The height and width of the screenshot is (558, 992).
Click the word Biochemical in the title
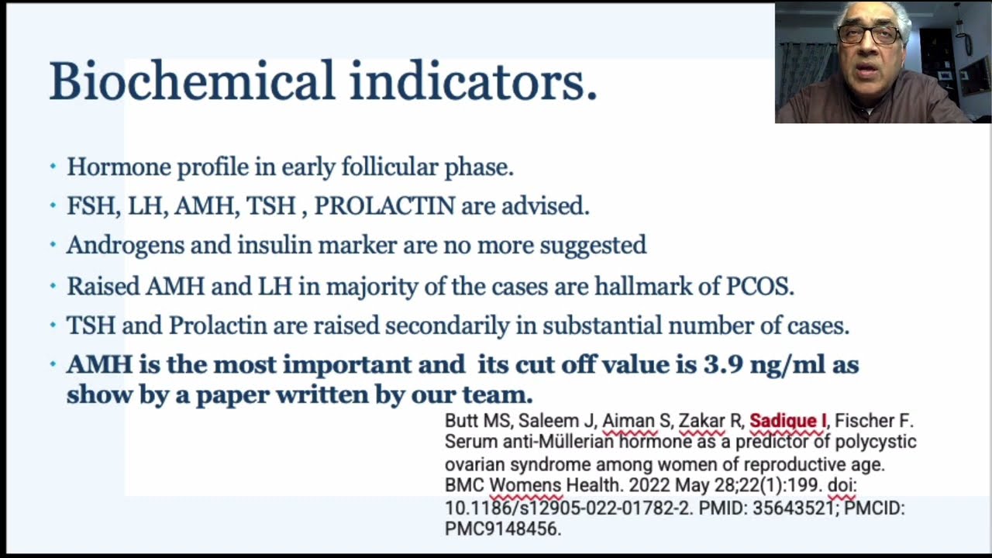pyautogui.click(x=191, y=81)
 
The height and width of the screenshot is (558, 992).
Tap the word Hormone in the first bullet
pyautogui.click(x=119, y=167)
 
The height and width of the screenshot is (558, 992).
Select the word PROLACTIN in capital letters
pyautogui.click(x=384, y=206)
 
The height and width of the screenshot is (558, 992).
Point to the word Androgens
pyautogui.click(x=126, y=246)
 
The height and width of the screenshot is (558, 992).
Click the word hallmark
pyautogui.click(x=643, y=286)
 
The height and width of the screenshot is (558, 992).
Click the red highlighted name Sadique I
pyautogui.click(x=788, y=421)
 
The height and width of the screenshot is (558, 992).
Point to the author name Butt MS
pyautogui.click(x=477, y=421)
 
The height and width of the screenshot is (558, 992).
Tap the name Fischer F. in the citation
pyautogui.click(x=873, y=421)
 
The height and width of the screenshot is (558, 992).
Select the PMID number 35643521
pyautogui.click(x=793, y=508)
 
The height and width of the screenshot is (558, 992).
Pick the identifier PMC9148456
pyautogui.click(x=502, y=529)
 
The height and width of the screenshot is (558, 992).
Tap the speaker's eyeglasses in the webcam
pyautogui.click(x=870, y=36)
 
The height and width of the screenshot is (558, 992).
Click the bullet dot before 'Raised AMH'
pyautogui.click(x=53, y=286)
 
